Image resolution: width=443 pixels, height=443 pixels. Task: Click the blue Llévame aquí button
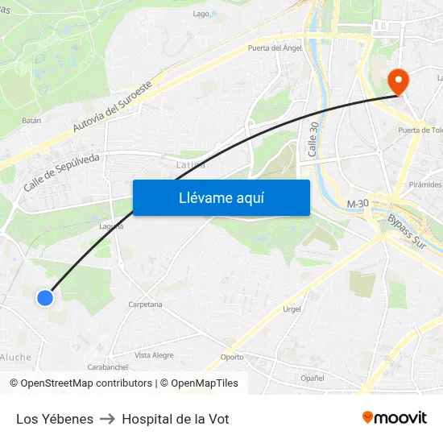[x=221, y=197]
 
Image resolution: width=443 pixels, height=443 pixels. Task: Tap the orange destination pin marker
[x=398, y=81]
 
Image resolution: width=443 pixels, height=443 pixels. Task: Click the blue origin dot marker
[x=45, y=298]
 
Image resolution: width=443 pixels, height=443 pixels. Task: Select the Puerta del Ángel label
[x=275, y=48]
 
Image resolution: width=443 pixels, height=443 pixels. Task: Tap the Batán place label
[x=31, y=120]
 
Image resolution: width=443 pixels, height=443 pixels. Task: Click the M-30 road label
[x=358, y=205]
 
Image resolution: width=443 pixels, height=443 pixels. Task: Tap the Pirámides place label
[x=424, y=184]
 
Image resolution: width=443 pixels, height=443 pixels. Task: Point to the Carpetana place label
[x=145, y=304]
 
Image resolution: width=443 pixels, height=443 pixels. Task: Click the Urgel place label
[x=292, y=309]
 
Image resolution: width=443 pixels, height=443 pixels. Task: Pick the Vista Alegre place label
[x=154, y=354]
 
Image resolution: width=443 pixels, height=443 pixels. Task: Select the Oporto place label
[x=232, y=357]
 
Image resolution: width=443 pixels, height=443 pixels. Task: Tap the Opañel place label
[x=312, y=377]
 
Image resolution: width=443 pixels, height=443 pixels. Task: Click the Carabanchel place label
[x=108, y=366]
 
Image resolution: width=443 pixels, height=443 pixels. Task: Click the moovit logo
[x=394, y=418]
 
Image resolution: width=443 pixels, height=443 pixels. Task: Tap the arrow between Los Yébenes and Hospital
[x=108, y=419]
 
